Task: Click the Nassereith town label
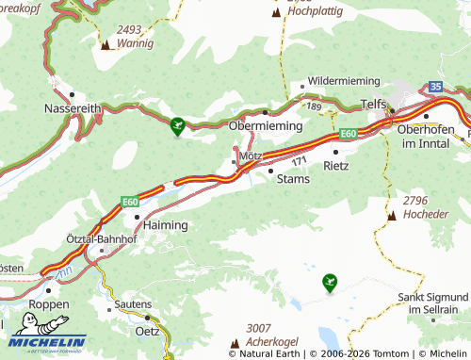(72, 109)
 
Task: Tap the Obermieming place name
(266, 125)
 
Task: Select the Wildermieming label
(340, 82)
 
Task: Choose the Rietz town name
(335, 165)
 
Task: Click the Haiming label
(165, 225)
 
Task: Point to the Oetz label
(147, 330)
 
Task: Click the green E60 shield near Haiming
(130, 201)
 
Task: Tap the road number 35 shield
(434, 87)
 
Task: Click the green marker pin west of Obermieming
(178, 123)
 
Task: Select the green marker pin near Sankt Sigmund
(329, 280)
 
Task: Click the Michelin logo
(47, 342)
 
